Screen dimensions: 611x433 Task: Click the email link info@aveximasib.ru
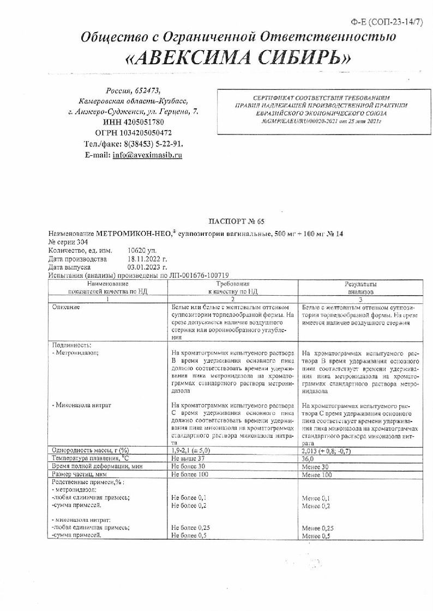147,155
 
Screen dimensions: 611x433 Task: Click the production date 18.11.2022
147,260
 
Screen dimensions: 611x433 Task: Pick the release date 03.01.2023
147,268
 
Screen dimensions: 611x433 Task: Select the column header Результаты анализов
359,288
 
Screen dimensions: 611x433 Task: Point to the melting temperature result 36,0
309,459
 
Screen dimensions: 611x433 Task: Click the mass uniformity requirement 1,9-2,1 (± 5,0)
190,450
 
